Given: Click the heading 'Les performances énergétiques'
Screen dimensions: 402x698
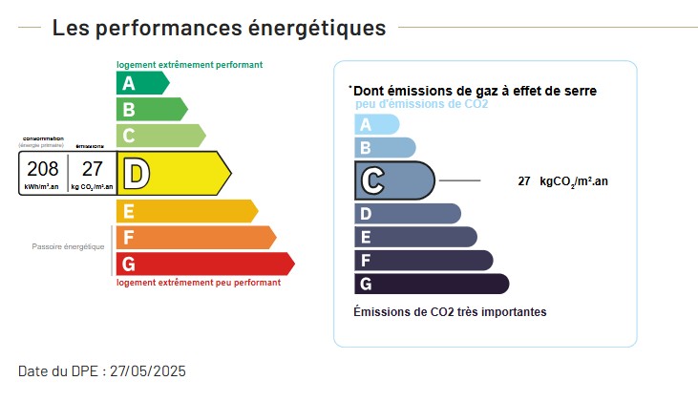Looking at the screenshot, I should click(219, 28).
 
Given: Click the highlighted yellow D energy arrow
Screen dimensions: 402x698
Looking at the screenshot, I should click(173, 173).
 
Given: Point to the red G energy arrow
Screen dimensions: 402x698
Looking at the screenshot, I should click(203, 264).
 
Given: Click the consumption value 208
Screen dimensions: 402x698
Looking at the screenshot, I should click(43, 169).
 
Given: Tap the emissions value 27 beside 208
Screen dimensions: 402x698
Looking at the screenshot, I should click(92, 169).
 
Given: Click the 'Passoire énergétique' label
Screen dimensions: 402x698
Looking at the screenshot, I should click(68, 246).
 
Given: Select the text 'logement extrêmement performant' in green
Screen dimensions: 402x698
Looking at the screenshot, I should click(189, 65).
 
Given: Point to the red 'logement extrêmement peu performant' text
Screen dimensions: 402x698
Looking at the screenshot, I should click(199, 283).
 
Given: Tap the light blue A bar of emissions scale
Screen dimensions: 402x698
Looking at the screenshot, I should click(375, 124).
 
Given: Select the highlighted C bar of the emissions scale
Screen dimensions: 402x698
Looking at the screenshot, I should click(393, 180).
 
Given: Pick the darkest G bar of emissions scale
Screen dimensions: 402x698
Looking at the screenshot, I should click(431, 284).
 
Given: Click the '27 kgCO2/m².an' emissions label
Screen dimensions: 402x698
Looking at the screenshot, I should click(562, 180).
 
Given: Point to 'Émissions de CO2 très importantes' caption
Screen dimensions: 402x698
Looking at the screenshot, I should click(450, 312).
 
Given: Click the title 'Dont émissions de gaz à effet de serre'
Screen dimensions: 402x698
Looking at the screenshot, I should click(475, 91).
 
